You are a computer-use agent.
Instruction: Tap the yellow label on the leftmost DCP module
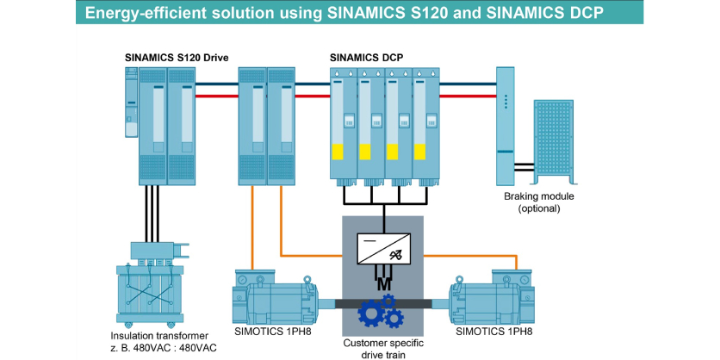click(339, 152)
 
